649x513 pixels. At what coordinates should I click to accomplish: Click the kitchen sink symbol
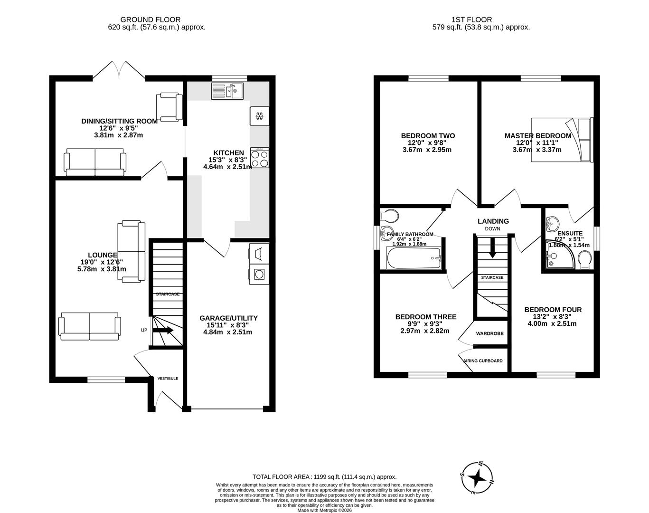[x=227, y=91]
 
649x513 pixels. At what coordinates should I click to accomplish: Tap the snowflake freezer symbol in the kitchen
[x=259, y=116]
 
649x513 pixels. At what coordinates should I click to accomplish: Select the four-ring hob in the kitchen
[x=259, y=158]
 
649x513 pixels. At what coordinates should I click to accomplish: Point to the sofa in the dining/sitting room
[x=95, y=162]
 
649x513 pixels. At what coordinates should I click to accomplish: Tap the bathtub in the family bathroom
[x=414, y=258]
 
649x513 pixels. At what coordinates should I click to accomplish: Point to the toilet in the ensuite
[x=585, y=259]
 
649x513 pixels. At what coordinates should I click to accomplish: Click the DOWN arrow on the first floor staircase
[x=492, y=247]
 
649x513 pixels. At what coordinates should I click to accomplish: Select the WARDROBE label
[x=489, y=334]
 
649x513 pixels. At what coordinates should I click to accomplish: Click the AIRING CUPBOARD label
[x=482, y=361]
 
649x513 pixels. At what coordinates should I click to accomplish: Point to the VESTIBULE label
[x=168, y=379]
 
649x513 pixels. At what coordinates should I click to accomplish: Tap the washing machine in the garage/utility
[x=259, y=274]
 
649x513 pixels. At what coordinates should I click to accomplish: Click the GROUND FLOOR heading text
[x=150, y=19]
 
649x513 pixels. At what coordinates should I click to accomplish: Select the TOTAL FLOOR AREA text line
[x=324, y=477]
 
